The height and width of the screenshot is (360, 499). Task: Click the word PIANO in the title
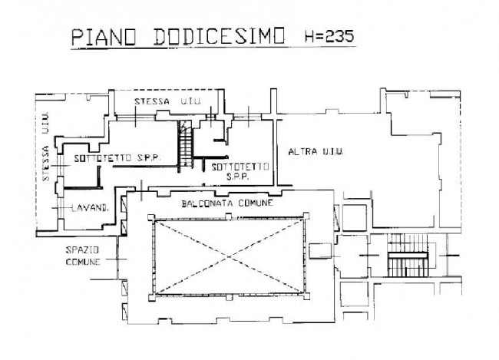[104, 37]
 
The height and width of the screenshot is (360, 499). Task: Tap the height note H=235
[329, 36]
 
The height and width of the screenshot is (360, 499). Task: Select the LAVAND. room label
[90, 208]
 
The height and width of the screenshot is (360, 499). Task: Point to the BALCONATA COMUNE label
[227, 203]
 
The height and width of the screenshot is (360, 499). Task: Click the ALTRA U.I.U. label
[316, 152]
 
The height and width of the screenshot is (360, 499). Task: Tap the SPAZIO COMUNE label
[83, 256]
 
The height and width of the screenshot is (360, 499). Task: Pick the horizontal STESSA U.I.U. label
[168, 101]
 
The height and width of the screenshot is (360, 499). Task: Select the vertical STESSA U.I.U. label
[45, 147]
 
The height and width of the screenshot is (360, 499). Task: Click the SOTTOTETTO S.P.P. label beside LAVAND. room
[117, 158]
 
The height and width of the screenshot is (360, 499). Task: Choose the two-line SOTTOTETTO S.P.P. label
[240, 172]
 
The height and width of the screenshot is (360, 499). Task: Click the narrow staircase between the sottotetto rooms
[186, 144]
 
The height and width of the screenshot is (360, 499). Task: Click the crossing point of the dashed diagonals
[229, 256]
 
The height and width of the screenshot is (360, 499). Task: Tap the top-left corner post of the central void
[151, 218]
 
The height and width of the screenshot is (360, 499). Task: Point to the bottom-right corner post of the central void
[306, 296]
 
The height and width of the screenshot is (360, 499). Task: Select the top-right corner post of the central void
[306, 216]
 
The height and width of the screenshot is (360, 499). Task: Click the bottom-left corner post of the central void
[151, 298]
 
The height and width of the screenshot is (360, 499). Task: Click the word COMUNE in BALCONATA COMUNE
[256, 203]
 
